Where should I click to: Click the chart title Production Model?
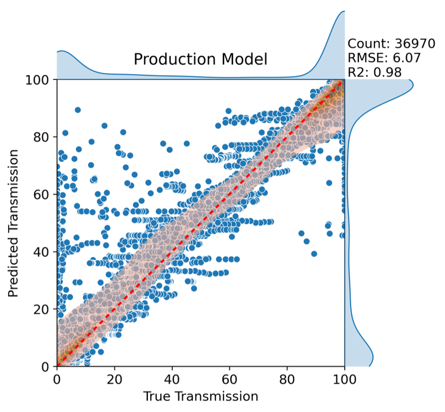click(200, 59)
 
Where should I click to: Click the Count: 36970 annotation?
click(391, 44)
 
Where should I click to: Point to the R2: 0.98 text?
click(375, 72)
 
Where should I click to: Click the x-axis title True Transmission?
click(200, 396)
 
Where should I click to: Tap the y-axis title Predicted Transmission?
click(14, 223)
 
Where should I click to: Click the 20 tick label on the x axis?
click(114, 380)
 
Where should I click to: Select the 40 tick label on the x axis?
click(172, 380)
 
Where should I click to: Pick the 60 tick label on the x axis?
click(229, 380)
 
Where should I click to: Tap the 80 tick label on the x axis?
click(287, 380)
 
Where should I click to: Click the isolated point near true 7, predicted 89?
click(78, 110)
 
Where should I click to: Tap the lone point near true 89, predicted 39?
click(314, 254)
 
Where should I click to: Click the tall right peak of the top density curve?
click(343, 12)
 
